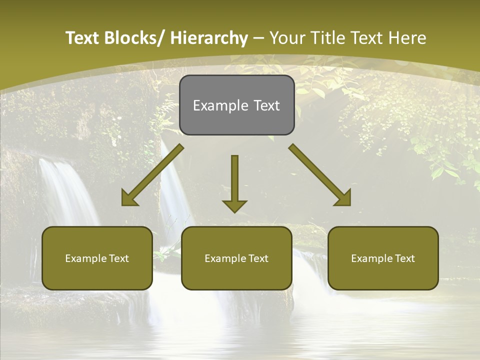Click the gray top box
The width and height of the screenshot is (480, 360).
coord(236,105)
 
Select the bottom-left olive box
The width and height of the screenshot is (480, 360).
coord(97,258)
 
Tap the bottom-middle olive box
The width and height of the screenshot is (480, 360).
coord(236,258)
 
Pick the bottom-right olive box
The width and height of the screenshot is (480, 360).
coord(383,258)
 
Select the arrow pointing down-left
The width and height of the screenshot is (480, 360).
coord(153,175)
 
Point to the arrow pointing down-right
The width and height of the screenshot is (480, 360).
coord(320,175)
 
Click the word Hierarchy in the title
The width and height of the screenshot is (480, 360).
coord(209,38)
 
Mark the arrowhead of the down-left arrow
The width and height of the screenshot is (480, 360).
coord(129,198)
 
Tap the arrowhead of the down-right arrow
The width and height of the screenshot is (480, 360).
coord(343,198)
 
